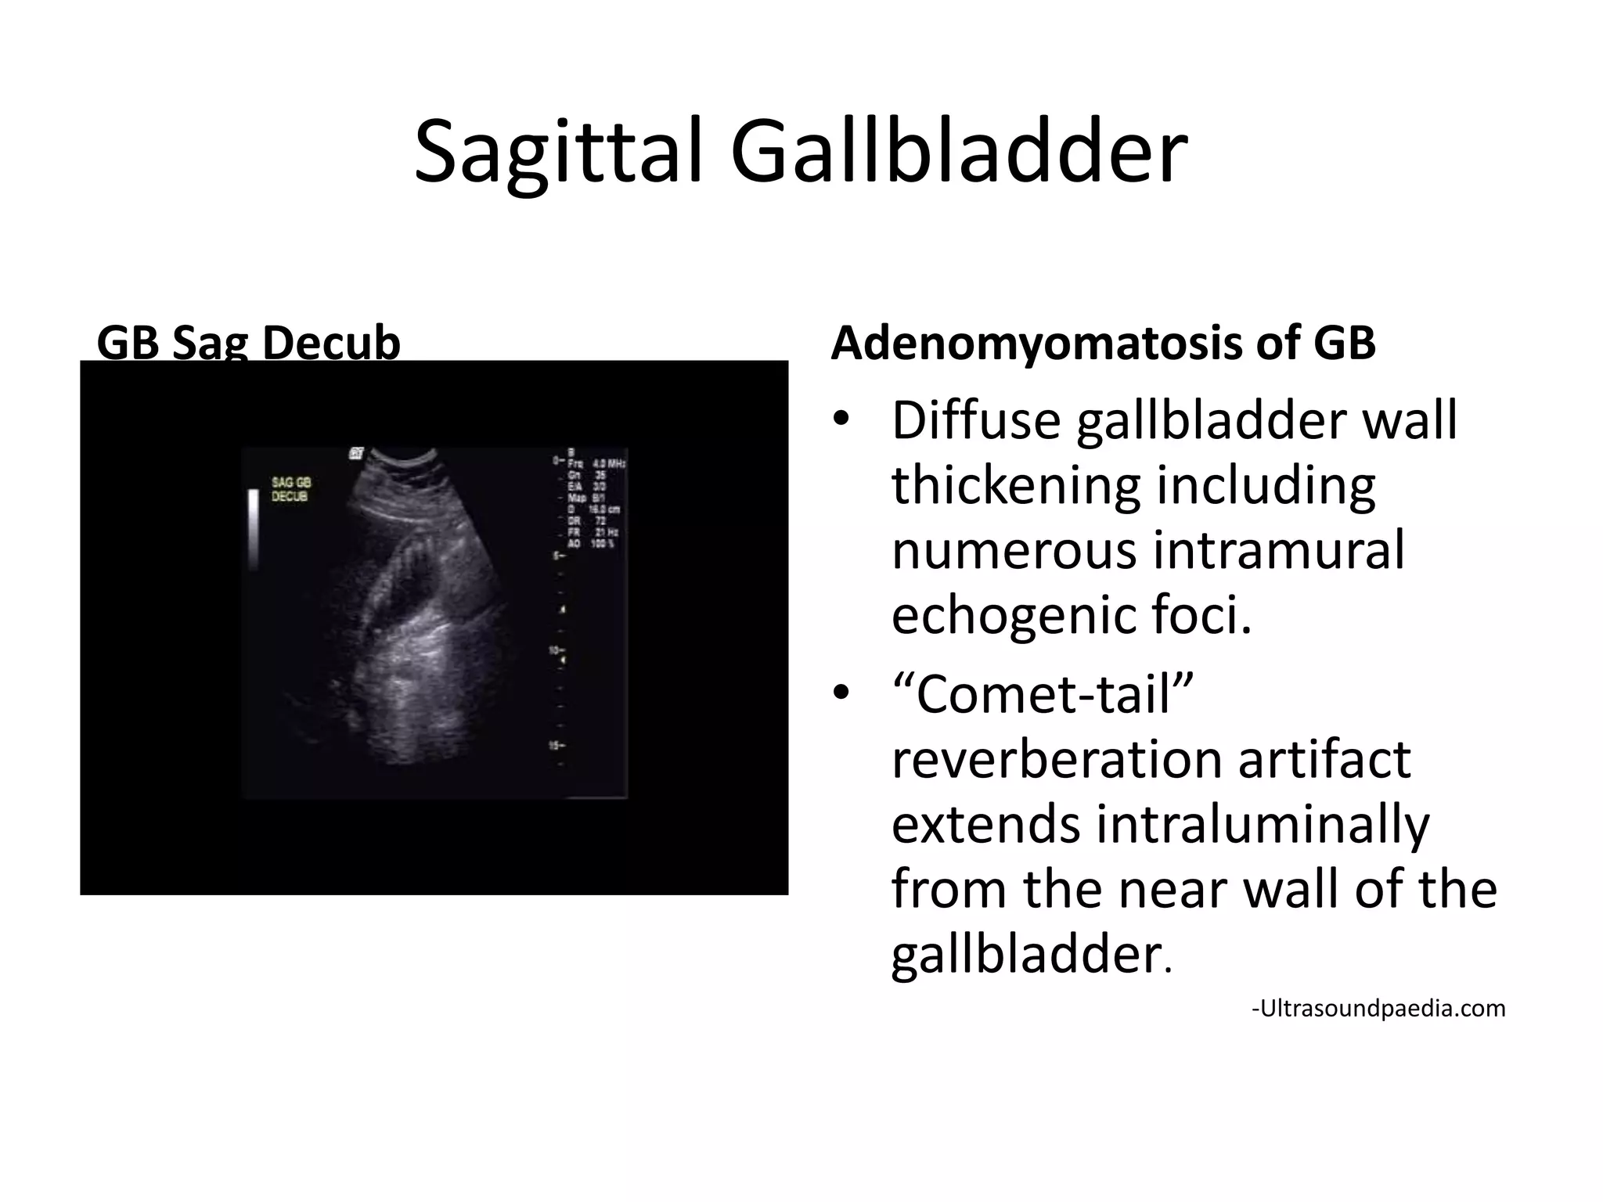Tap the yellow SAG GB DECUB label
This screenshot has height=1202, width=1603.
[290, 489]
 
